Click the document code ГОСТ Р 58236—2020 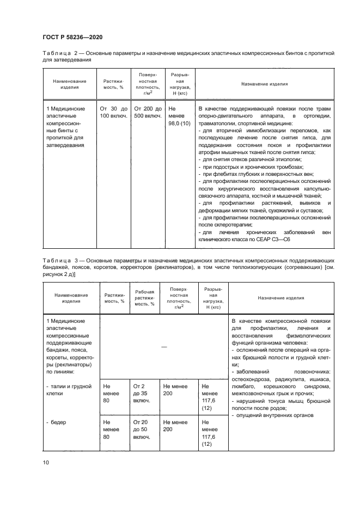[x=72, y=36]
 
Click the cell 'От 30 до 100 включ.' [x=113, y=112]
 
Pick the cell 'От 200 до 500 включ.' [x=148, y=112]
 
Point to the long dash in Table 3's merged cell [x=163, y=347]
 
